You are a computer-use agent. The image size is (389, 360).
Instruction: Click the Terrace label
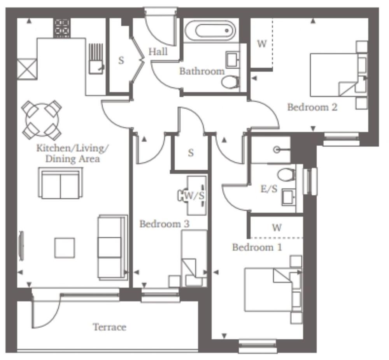tap(109, 327)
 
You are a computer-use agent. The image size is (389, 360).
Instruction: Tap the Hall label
tap(158, 52)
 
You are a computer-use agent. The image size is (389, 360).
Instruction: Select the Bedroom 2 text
tap(312, 107)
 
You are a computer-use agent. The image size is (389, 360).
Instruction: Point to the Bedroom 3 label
tap(164, 224)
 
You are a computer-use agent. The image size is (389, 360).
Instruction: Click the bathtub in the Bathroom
tap(210, 31)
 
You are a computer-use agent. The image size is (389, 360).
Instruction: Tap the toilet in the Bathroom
tap(230, 82)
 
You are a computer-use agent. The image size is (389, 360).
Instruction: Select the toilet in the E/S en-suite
tap(286, 174)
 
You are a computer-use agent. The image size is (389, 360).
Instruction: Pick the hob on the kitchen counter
tap(62, 28)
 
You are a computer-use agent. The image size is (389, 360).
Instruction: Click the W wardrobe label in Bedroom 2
tap(262, 44)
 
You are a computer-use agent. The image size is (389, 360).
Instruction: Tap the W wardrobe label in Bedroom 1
tap(277, 228)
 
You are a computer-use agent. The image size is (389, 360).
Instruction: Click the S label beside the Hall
tap(121, 61)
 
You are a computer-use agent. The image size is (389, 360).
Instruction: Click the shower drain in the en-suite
tap(277, 149)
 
